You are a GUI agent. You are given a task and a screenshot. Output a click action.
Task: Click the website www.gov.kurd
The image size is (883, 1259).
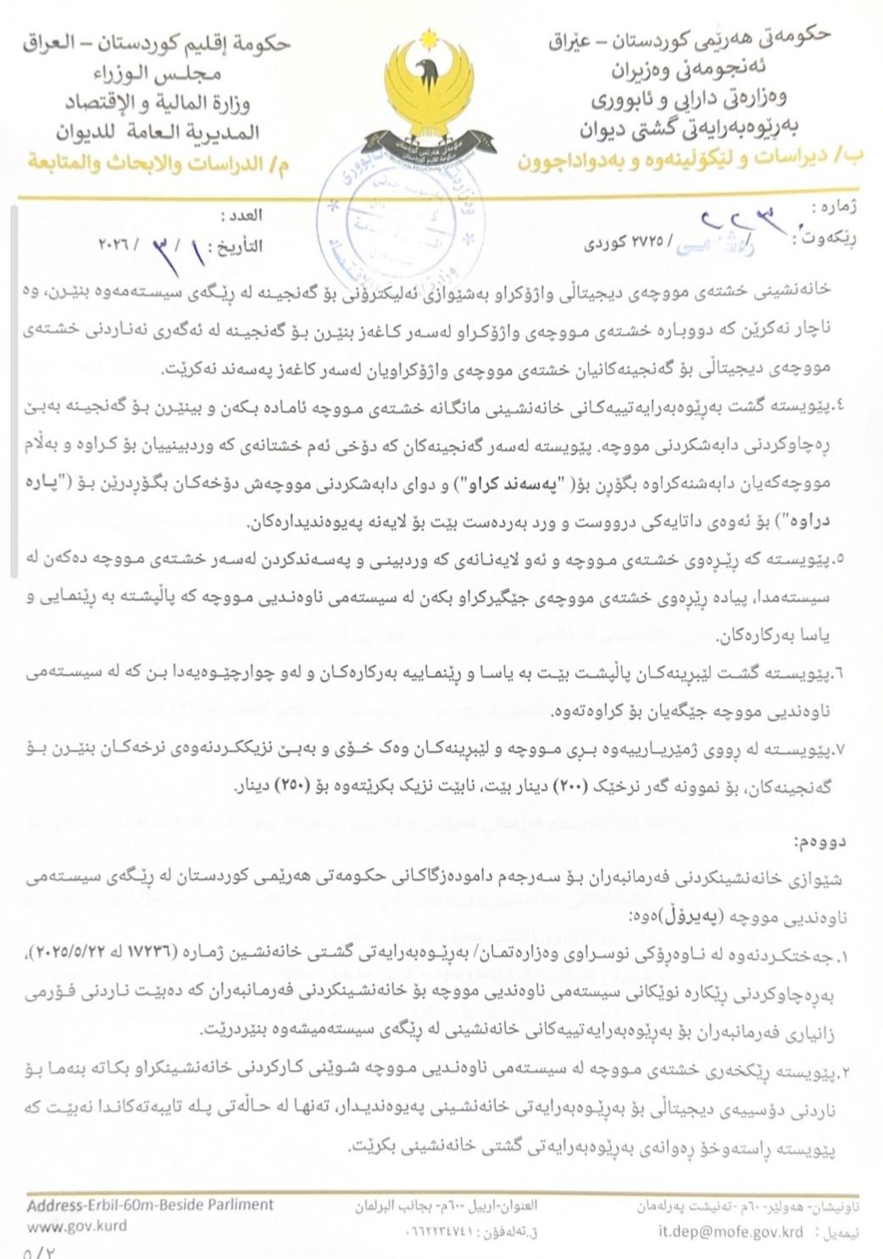pyautogui.click(x=77, y=1226)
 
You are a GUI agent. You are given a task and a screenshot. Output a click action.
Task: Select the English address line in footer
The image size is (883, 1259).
pyautogui.click(x=150, y=1205)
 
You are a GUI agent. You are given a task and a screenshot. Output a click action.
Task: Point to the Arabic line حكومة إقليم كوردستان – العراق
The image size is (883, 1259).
pyautogui.click(x=157, y=43)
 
